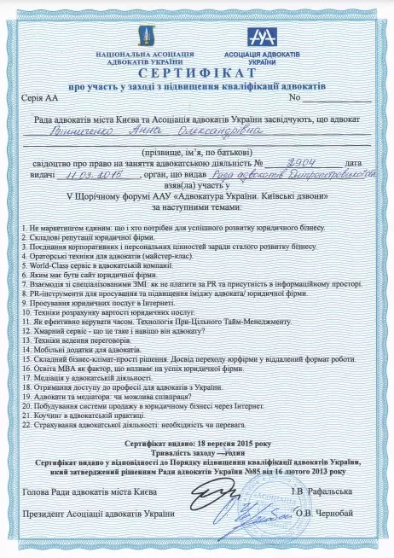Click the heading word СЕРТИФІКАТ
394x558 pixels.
tap(197, 74)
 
